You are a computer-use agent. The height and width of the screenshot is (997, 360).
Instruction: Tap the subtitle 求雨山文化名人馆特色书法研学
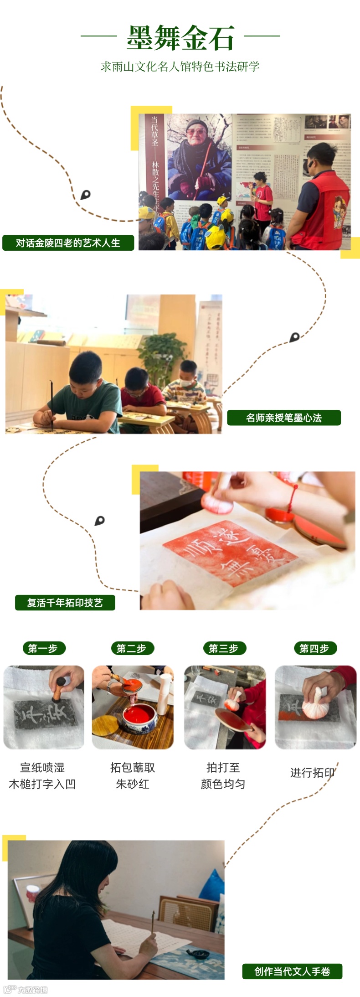[x=180, y=67]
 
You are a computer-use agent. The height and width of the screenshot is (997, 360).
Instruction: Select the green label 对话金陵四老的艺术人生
[x=68, y=243]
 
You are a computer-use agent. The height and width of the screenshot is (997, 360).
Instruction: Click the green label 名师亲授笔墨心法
[x=284, y=418]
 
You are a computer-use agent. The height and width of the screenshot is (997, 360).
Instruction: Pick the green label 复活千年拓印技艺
[x=65, y=603]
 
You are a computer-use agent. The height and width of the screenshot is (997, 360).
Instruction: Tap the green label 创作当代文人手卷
[x=292, y=971]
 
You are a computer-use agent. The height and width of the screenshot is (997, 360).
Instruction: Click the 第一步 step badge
[x=44, y=648]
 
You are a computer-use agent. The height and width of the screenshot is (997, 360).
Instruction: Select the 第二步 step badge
[x=132, y=648]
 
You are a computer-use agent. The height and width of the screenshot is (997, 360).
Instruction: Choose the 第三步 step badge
[x=224, y=648]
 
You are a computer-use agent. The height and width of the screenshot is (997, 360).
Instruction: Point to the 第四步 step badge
[x=314, y=648]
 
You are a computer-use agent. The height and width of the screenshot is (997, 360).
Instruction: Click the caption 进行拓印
[x=313, y=773]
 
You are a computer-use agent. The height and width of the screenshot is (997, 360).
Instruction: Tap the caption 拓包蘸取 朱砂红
[x=133, y=776]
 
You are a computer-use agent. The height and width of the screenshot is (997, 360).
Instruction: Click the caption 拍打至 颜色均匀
[x=223, y=776]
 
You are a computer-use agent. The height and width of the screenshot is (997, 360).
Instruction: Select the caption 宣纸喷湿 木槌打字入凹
[x=42, y=776]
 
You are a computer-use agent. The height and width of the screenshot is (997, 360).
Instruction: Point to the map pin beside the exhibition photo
[x=85, y=195]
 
